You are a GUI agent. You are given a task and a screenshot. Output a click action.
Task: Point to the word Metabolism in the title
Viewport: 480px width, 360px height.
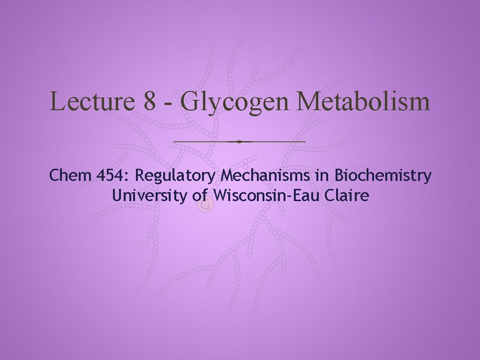click(x=362, y=101)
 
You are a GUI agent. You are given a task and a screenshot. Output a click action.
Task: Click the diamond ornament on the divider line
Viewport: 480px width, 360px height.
click(x=240, y=141)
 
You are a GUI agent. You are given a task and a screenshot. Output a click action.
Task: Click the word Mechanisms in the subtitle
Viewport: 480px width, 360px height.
click(x=265, y=176)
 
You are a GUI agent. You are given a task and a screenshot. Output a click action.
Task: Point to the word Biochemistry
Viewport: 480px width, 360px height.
click(x=383, y=176)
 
